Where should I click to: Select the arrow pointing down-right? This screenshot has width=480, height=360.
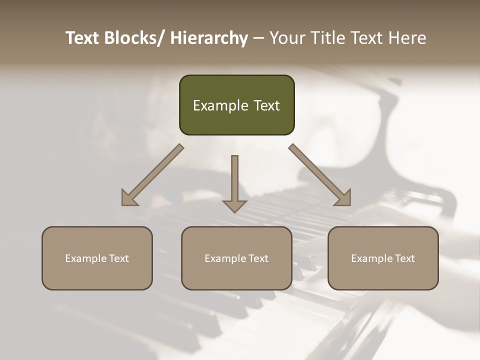[x=320, y=175]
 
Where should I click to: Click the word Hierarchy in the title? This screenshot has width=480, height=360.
[x=209, y=38]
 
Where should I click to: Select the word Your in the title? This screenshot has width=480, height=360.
[x=287, y=38]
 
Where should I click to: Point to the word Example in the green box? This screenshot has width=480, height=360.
[x=220, y=105]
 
